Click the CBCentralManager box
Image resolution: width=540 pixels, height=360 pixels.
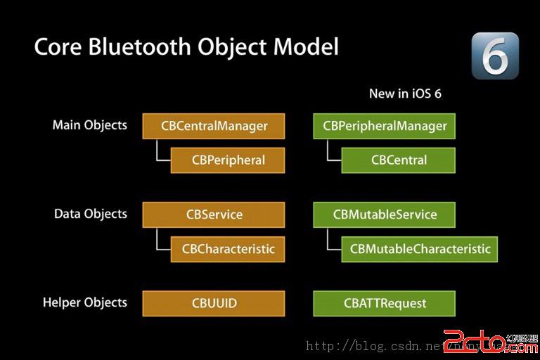click(x=214, y=127)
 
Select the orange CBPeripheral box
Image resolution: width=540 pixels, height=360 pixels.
click(x=228, y=160)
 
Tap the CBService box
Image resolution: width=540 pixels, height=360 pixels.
click(x=214, y=215)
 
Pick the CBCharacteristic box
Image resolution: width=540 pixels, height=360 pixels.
click(x=228, y=248)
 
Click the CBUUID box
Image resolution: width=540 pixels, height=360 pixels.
click(x=214, y=304)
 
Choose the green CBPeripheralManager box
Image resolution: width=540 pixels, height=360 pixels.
click(x=384, y=127)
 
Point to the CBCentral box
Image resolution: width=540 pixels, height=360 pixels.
click(x=398, y=160)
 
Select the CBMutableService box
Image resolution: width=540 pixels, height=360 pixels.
click(x=384, y=215)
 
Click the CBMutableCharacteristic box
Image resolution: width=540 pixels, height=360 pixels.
click(x=420, y=248)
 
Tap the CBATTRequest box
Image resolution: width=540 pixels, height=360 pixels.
click(x=384, y=304)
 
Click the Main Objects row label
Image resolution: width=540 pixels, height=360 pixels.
click(x=90, y=125)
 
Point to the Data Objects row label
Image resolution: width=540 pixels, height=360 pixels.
click(x=91, y=214)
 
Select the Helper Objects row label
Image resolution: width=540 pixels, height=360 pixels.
click(x=85, y=303)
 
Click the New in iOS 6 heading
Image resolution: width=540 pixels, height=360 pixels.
click(x=405, y=94)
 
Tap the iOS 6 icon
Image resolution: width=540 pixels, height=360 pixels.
click(x=494, y=56)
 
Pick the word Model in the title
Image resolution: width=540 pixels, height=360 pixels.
click(x=305, y=46)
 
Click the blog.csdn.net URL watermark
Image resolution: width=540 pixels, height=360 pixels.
click(x=394, y=346)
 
